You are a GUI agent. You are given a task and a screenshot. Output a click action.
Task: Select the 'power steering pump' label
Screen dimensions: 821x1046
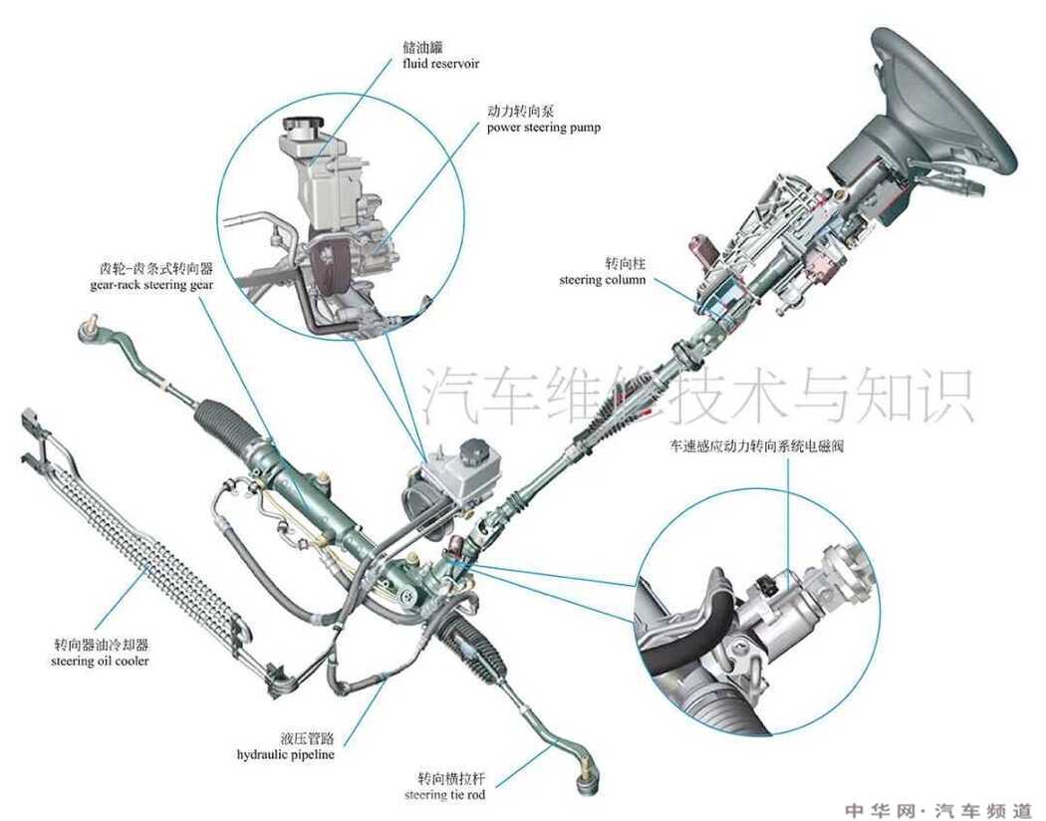click(544, 128)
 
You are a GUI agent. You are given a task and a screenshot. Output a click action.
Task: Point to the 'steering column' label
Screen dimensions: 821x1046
click(603, 280)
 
